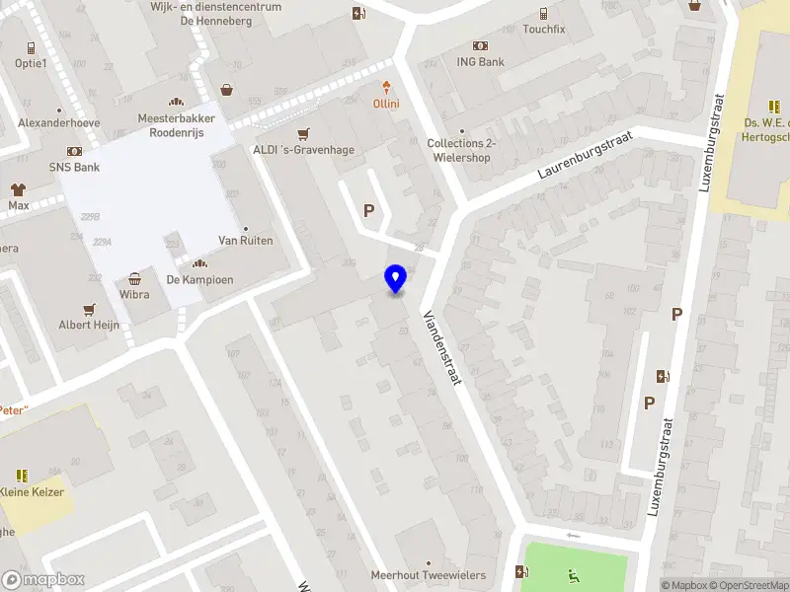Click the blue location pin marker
pos(396,279)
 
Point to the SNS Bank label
pos(75,167)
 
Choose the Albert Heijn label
pos(89,325)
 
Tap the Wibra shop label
pos(134,294)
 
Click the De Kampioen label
pos(199,279)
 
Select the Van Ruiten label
pos(246,241)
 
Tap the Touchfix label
pos(543,29)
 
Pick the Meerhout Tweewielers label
pos(429,575)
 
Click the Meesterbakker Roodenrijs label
pos(177,125)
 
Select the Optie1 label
pos(31,63)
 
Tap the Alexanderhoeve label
pos(59,123)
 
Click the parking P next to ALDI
pos(369,209)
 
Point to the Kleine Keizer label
pos(32,492)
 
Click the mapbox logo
pos(43,580)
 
